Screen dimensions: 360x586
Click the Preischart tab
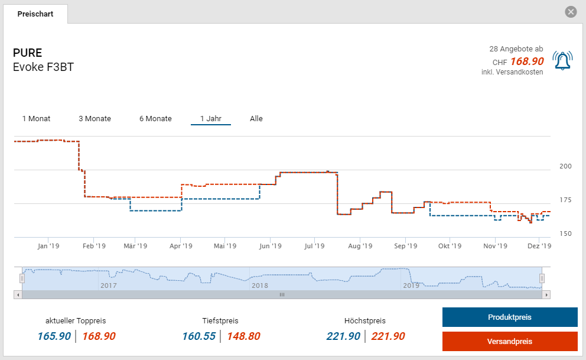click(x=35, y=14)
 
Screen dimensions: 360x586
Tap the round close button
click(x=570, y=12)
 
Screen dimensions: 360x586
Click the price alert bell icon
click(x=562, y=60)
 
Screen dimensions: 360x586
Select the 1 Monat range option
click(x=37, y=119)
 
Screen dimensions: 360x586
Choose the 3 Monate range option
click(x=95, y=119)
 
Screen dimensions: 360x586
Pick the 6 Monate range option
click(x=155, y=119)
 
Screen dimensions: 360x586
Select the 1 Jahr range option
click(x=210, y=119)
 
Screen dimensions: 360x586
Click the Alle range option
click(x=256, y=119)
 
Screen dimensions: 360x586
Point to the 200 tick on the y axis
click(x=565, y=166)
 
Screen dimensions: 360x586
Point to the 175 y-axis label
click(x=565, y=200)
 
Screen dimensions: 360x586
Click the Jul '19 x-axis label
click(x=315, y=246)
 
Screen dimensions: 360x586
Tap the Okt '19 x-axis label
click(x=450, y=246)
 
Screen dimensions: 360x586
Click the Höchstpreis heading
click(x=365, y=321)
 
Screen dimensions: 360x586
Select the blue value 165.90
click(x=54, y=336)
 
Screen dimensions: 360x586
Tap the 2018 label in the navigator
click(x=260, y=286)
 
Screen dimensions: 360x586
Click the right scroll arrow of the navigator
click(x=546, y=294)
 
